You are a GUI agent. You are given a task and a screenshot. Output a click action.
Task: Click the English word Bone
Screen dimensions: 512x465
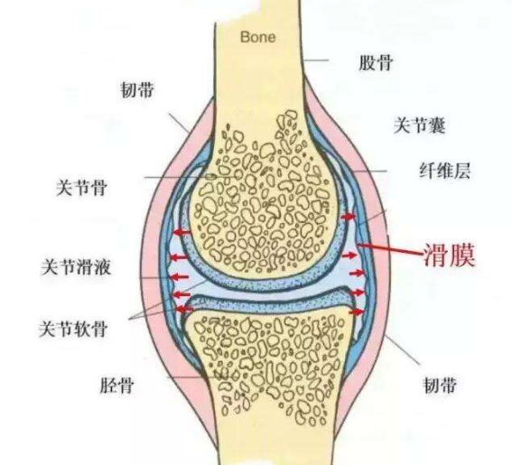tap(258, 37)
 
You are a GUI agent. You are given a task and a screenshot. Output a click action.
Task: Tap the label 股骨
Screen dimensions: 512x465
tap(376, 62)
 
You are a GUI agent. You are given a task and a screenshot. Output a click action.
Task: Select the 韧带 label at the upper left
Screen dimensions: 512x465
tap(137, 89)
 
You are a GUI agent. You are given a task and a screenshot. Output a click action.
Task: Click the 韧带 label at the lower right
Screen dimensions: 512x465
tap(440, 385)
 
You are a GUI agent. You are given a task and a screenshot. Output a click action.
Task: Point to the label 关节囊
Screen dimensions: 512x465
tap(420, 126)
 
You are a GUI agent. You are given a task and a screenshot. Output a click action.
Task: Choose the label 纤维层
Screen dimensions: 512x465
tap(445, 171)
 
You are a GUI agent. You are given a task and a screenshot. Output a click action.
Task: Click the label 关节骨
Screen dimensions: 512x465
tap(81, 188)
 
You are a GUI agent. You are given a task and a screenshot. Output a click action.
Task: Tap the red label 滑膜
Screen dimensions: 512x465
tap(449, 255)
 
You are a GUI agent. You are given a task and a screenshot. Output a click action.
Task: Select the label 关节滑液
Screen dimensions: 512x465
tap(76, 267)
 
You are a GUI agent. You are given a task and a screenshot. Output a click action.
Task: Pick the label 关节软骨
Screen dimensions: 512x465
tap(73, 328)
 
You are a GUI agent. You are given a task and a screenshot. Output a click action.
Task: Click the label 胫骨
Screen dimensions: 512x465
tap(116, 386)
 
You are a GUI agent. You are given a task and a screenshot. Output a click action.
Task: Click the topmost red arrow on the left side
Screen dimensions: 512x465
tap(182, 233)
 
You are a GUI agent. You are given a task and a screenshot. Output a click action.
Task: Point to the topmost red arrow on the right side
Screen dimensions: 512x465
tap(348, 216)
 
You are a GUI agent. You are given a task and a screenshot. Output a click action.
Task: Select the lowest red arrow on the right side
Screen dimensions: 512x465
tap(357, 312)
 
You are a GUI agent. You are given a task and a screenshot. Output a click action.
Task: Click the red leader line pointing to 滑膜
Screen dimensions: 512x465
tap(390, 249)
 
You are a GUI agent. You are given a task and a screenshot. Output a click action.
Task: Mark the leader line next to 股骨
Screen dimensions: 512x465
tap(315, 60)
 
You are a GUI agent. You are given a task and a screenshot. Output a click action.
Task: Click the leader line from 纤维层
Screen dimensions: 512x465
tap(370, 171)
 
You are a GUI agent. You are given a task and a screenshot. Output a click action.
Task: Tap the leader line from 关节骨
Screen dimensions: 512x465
tap(191, 177)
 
